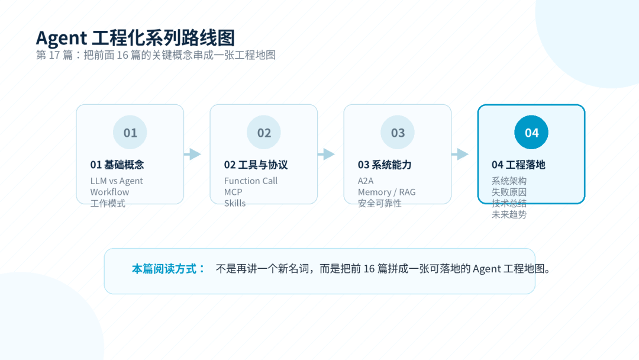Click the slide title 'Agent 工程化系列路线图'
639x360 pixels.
pyautogui.click(x=135, y=38)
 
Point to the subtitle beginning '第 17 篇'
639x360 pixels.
pyautogui.click(x=156, y=55)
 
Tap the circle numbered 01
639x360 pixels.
pyautogui.click(x=130, y=133)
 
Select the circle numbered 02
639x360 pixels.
pyautogui.click(x=264, y=133)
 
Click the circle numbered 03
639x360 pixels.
pyautogui.click(x=398, y=133)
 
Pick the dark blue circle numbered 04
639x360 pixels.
pyautogui.click(x=531, y=133)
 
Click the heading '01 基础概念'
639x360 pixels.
pyautogui.click(x=117, y=165)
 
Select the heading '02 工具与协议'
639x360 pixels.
pyautogui.click(x=256, y=165)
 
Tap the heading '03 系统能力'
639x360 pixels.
pyautogui.click(x=385, y=165)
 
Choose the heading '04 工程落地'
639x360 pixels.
pyautogui.click(x=518, y=165)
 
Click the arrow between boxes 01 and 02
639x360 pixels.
pyautogui.click(x=193, y=154)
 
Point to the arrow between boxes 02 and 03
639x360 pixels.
pyautogui.click(x=327, y=154)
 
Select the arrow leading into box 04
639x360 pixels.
pyautogui.click(x=460, y=154)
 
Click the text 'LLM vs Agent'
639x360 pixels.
pyautogui.click(x=117, y=181)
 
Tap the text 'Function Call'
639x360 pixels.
pyautogui.click(x=251, y=181)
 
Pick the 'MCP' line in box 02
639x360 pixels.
pyautogui.click(x=233, y=192)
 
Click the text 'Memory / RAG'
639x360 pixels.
pyautogui.click(x=387, y=192)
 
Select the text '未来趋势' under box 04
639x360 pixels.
pyautogui.click(x=509, y=214)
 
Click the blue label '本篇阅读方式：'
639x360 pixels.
pyautogui.click(x=169, y=269)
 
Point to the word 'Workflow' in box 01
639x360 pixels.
pyautogui.click(x=109, y=192)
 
